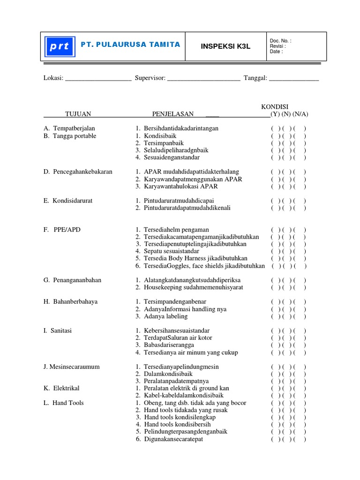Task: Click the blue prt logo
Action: point(58,47)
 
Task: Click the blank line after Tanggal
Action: point(294,78)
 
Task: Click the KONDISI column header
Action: point(275,106)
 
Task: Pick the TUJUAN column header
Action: point(78,114)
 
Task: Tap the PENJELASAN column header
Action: point(173,114)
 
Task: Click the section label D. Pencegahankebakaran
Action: point(78,172)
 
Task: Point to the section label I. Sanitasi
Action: point(58,330)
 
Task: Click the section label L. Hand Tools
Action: point(62,403)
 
